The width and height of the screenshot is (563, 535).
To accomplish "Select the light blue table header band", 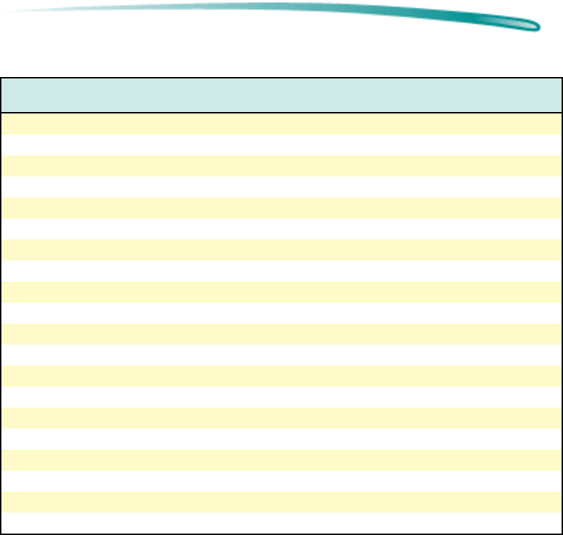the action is pyautogui.click(x=281, y=95).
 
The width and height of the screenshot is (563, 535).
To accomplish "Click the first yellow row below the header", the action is pyautogui.click(x=281, y=124).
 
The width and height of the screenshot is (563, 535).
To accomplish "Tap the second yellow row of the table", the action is pyautogui.click(x=281, y=166).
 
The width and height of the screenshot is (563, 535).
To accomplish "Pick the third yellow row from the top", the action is pyautogui.click(x=281, y=208).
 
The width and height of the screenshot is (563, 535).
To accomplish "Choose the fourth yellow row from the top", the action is pyautogui.click(x=281, y=250).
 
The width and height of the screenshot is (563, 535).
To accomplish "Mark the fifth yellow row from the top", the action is pyautogui.click(x=281, y=292).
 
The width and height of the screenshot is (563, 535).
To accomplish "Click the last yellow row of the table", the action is pyautogui.click(x=281, y=502).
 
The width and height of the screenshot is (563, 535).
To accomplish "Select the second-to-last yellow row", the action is pyautogui.click(x=281, y=460).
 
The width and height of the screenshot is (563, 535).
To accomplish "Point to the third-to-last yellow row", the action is pyautogui.click(x=281, y=418).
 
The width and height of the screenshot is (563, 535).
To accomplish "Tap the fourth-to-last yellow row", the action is pyautogui.click(x=281, y=376).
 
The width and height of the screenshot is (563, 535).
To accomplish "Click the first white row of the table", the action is pyautogui.click(x=281, y=145).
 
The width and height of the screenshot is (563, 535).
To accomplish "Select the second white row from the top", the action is pyautogui.click(x=281, y=187).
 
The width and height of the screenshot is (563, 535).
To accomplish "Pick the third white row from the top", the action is pyautogui.click(x=281, y=229).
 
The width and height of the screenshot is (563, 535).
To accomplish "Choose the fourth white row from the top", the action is pyautogui.click(x=281, y=271).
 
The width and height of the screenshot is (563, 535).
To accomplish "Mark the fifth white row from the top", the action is pyautogui.click(x=281, y=313).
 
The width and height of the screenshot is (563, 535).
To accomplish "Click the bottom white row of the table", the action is pyautogui.click(x=281, y=522).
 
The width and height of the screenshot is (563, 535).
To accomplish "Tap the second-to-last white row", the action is pyautogui.click(x=281, y=481).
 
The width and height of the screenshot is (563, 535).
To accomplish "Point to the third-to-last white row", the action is pyautogui.click(x=281, y=439).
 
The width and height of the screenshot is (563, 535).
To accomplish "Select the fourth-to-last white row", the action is pyautogui.click(x=281, y=397).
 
